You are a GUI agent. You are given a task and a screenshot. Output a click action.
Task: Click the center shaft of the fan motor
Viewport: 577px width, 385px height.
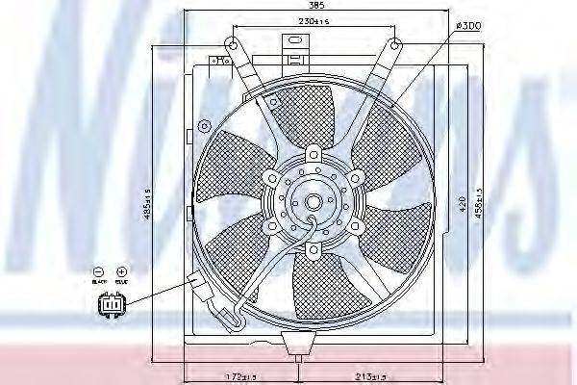[313, 202]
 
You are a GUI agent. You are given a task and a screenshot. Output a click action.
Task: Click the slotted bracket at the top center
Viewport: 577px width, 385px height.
[291, 42]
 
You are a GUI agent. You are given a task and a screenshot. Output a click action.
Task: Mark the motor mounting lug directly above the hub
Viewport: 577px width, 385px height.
[314, 154]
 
